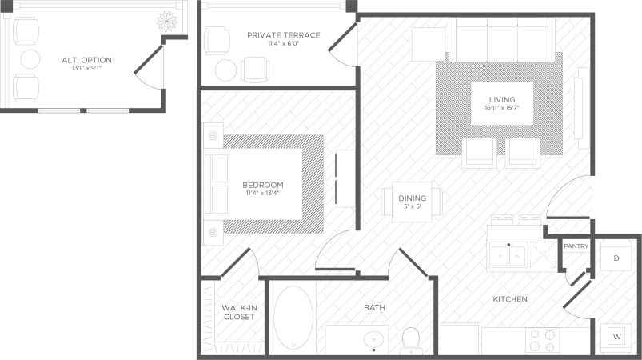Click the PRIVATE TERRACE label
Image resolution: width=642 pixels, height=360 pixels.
(x=283, y=35)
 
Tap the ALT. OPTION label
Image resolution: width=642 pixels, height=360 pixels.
(x=86, y=60)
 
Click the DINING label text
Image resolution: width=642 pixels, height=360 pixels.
(x=413, y=198)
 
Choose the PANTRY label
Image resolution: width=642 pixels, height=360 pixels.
(x=576, y=246)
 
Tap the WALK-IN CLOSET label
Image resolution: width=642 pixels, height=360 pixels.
(x=238, y=311)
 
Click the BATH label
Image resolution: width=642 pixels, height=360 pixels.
(x=374, y=307)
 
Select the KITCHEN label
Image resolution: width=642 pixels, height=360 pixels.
(x=509, y=299)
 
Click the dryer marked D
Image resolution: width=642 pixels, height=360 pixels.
(x=616, y=258)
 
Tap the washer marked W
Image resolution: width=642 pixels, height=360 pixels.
(x=616, y=337)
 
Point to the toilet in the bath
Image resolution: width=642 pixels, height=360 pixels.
(x=411, y=339)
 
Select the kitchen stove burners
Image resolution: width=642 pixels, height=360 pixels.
(x=543, y=340)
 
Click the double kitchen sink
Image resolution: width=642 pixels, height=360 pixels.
(x=508, y=256)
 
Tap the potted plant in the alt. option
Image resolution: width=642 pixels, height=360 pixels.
(x=168, y=19)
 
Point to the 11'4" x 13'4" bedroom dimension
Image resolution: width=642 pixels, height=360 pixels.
(x=262, y=194)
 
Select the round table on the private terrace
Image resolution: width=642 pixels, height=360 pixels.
(x=225, y=69)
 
